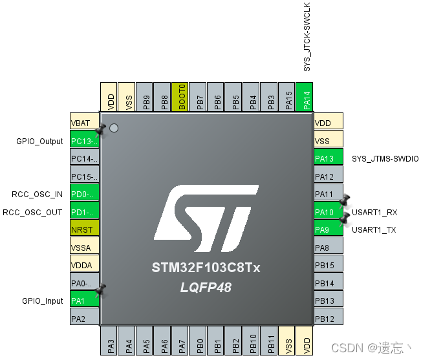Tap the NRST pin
point(84,229)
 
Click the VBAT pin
point(84,123)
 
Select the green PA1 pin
point(84,300)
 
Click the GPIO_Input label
point(43,301)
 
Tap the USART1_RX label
point(374,212)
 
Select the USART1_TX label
point(374,229)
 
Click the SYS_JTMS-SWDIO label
point(385,158)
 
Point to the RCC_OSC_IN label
point(38,194)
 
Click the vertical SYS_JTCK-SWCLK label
point(307,37)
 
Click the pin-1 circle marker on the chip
point(114,128)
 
